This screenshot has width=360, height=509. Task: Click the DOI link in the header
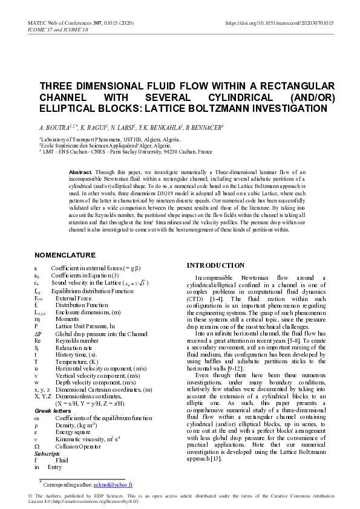coord(279,23)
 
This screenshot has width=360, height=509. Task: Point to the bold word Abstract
coord(81,172)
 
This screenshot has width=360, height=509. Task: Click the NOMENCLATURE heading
coord(65,255)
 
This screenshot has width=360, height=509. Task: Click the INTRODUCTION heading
coord(215,265)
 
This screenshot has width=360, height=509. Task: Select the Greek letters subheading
coord(53,411)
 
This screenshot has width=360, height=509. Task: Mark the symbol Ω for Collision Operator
coord(37,446)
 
